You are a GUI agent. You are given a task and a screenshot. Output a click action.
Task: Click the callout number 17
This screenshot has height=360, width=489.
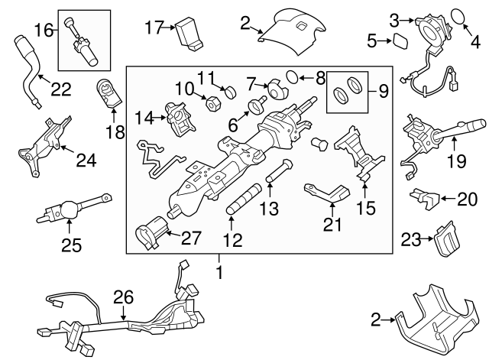(154, 28)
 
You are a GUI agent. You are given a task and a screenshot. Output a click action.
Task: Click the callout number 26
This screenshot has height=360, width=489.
(124, 297)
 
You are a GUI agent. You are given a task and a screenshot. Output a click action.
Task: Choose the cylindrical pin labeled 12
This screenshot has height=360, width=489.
(244, 199)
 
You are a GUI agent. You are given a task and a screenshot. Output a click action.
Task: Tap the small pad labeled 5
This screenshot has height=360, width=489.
(400, 41)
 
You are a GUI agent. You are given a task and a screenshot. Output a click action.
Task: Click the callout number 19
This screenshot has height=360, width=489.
(457, 161)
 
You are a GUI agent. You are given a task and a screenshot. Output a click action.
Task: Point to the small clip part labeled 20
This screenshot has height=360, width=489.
(425, 199)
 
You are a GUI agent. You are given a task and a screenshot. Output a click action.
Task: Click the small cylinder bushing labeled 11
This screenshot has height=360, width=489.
(230, 92)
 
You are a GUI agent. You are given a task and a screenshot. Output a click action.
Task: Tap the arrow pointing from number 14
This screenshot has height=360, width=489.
(160, 118)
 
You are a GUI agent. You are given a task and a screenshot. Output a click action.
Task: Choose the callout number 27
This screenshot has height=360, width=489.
(191, 238)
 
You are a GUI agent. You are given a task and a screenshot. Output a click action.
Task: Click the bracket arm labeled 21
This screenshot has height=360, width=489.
(326, 193)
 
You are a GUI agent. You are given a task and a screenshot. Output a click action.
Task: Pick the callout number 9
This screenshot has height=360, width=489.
(384, 92)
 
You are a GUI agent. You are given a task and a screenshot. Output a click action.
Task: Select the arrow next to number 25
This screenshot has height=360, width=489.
(70, 226)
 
